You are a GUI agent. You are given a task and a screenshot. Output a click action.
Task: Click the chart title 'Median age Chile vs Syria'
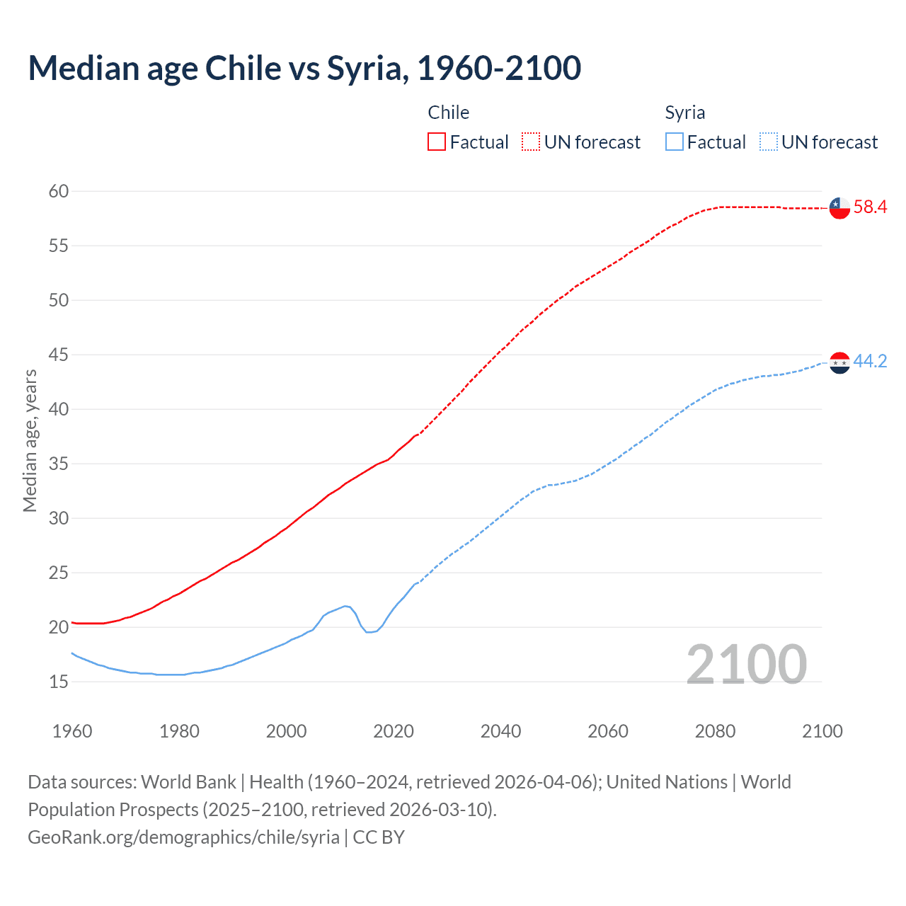pos(304,69)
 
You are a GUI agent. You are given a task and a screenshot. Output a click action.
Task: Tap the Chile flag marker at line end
pos(839,208)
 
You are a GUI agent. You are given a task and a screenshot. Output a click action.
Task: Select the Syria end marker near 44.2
pos(839,362)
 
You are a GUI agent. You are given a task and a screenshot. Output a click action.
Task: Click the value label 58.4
pos(870,207)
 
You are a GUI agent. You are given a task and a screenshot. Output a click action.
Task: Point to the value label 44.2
pos(870,362)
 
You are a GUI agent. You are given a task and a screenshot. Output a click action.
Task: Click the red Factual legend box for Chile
pos(437,142)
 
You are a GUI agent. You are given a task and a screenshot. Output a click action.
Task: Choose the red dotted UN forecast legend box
pos(531,142)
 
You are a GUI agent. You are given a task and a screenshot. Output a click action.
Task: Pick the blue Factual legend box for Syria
pos(675,142)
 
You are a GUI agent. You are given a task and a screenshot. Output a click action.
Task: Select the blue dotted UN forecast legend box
pos(768,142)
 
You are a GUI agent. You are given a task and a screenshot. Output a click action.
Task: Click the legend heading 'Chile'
pos(448,113)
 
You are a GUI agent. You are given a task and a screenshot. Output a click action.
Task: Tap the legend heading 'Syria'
pos(684,113)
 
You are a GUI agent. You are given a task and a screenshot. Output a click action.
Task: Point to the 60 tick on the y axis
pos(59,191)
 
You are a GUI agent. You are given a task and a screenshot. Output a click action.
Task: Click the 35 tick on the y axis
pos(59,464)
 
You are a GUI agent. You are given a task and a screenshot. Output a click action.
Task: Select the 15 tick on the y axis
pos(59,682)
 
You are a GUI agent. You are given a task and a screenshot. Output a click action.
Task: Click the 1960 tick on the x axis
pos(72,731)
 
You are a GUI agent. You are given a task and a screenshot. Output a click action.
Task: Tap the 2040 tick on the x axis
pos(500,731)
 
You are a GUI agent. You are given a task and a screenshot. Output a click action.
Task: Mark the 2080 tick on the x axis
pos(715,731)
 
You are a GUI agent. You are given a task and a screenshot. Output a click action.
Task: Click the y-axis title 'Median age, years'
pos(30,440)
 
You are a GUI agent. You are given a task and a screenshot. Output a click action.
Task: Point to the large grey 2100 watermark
pos(746,664)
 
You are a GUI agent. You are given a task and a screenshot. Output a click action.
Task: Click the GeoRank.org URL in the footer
pos(183,837)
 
